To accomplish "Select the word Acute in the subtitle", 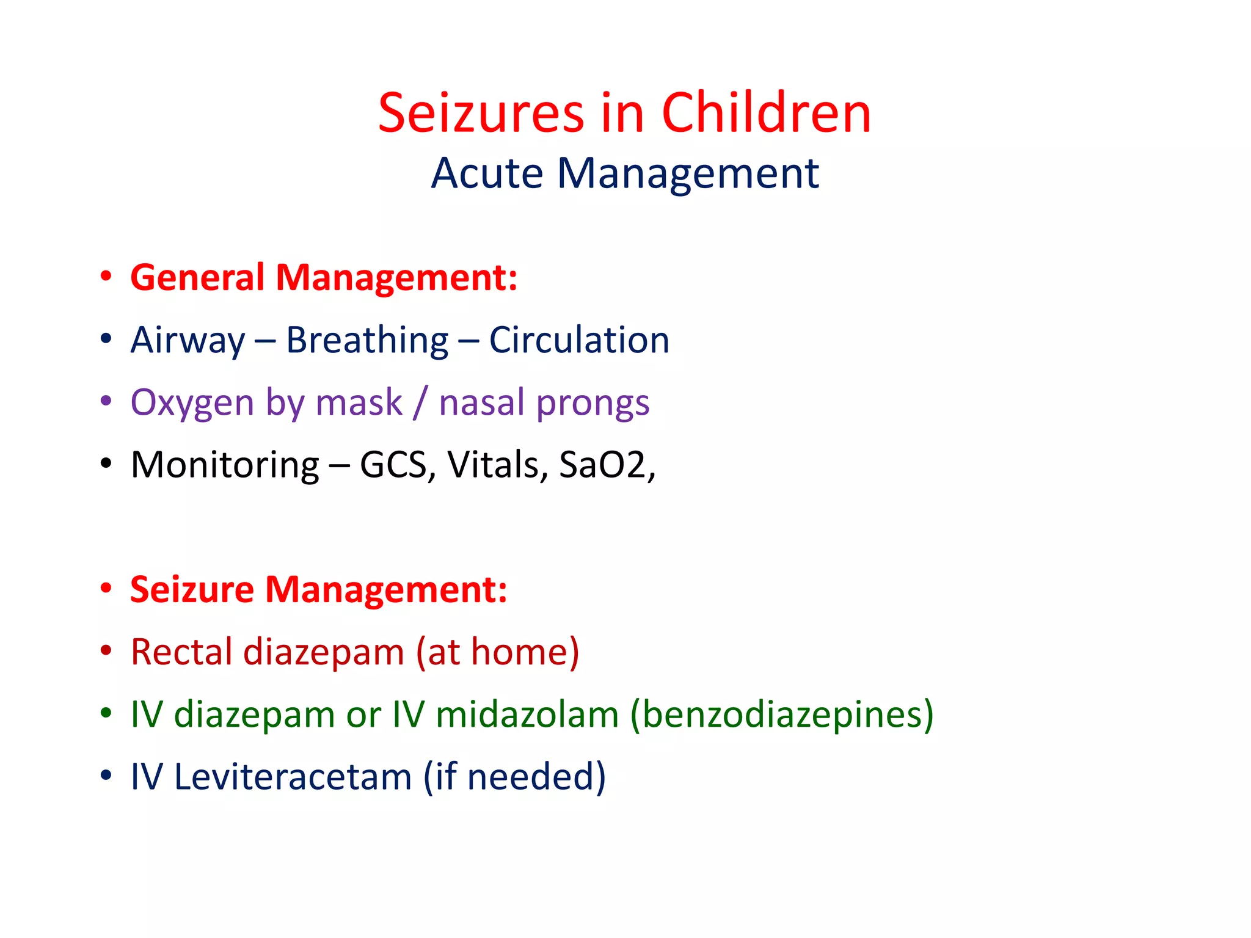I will [487, 173].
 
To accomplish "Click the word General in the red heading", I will [197, 278].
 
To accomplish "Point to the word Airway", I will [188, 340].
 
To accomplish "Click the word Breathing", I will [367, 340].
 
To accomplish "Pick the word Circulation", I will [579, 340].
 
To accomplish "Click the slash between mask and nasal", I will [420, 403].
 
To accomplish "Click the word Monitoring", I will [225, 465].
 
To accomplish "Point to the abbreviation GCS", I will [393, 465].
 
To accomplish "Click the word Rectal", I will [181, 652].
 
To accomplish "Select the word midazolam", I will [527, 714].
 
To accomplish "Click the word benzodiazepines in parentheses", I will [781, 714].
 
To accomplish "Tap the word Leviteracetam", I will [293, 777].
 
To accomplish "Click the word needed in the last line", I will [530, 777].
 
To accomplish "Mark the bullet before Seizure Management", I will [106, 588].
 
